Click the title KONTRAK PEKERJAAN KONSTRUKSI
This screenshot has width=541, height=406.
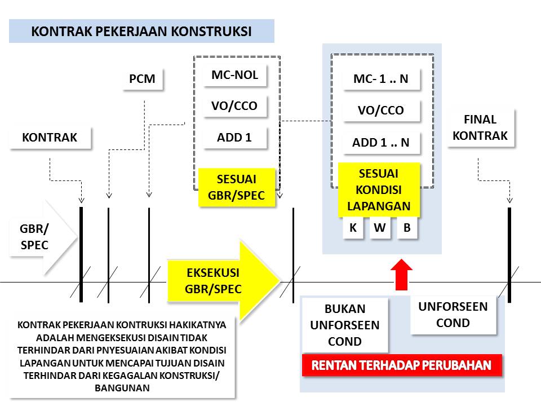[x=141, y=31]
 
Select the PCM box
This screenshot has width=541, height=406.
[x=142, y=79]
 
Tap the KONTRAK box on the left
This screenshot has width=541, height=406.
[x=50, y=138]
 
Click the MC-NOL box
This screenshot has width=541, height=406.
[x=234, y=75]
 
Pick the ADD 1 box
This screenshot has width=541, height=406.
[x=234, y=138]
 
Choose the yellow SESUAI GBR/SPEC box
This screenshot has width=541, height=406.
[x=236, y=188]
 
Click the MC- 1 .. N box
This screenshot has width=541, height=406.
[x=381, y=79]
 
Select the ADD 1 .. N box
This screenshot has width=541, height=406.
[x=381, y=143]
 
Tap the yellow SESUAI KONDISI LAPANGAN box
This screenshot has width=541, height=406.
[x=379, y=189]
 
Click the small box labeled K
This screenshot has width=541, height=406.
[x=353, y=228]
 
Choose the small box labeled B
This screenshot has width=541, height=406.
[x=407, y=228]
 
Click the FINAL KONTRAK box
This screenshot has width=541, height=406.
[x=480, y=128]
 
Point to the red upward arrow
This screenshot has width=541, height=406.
[x=401, y=274]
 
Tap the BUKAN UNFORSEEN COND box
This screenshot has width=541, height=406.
[x=345, y=325]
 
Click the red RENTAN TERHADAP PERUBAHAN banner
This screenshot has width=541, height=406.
[x=402, y=365]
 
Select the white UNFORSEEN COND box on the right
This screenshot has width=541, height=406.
[x=453, y=315]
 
